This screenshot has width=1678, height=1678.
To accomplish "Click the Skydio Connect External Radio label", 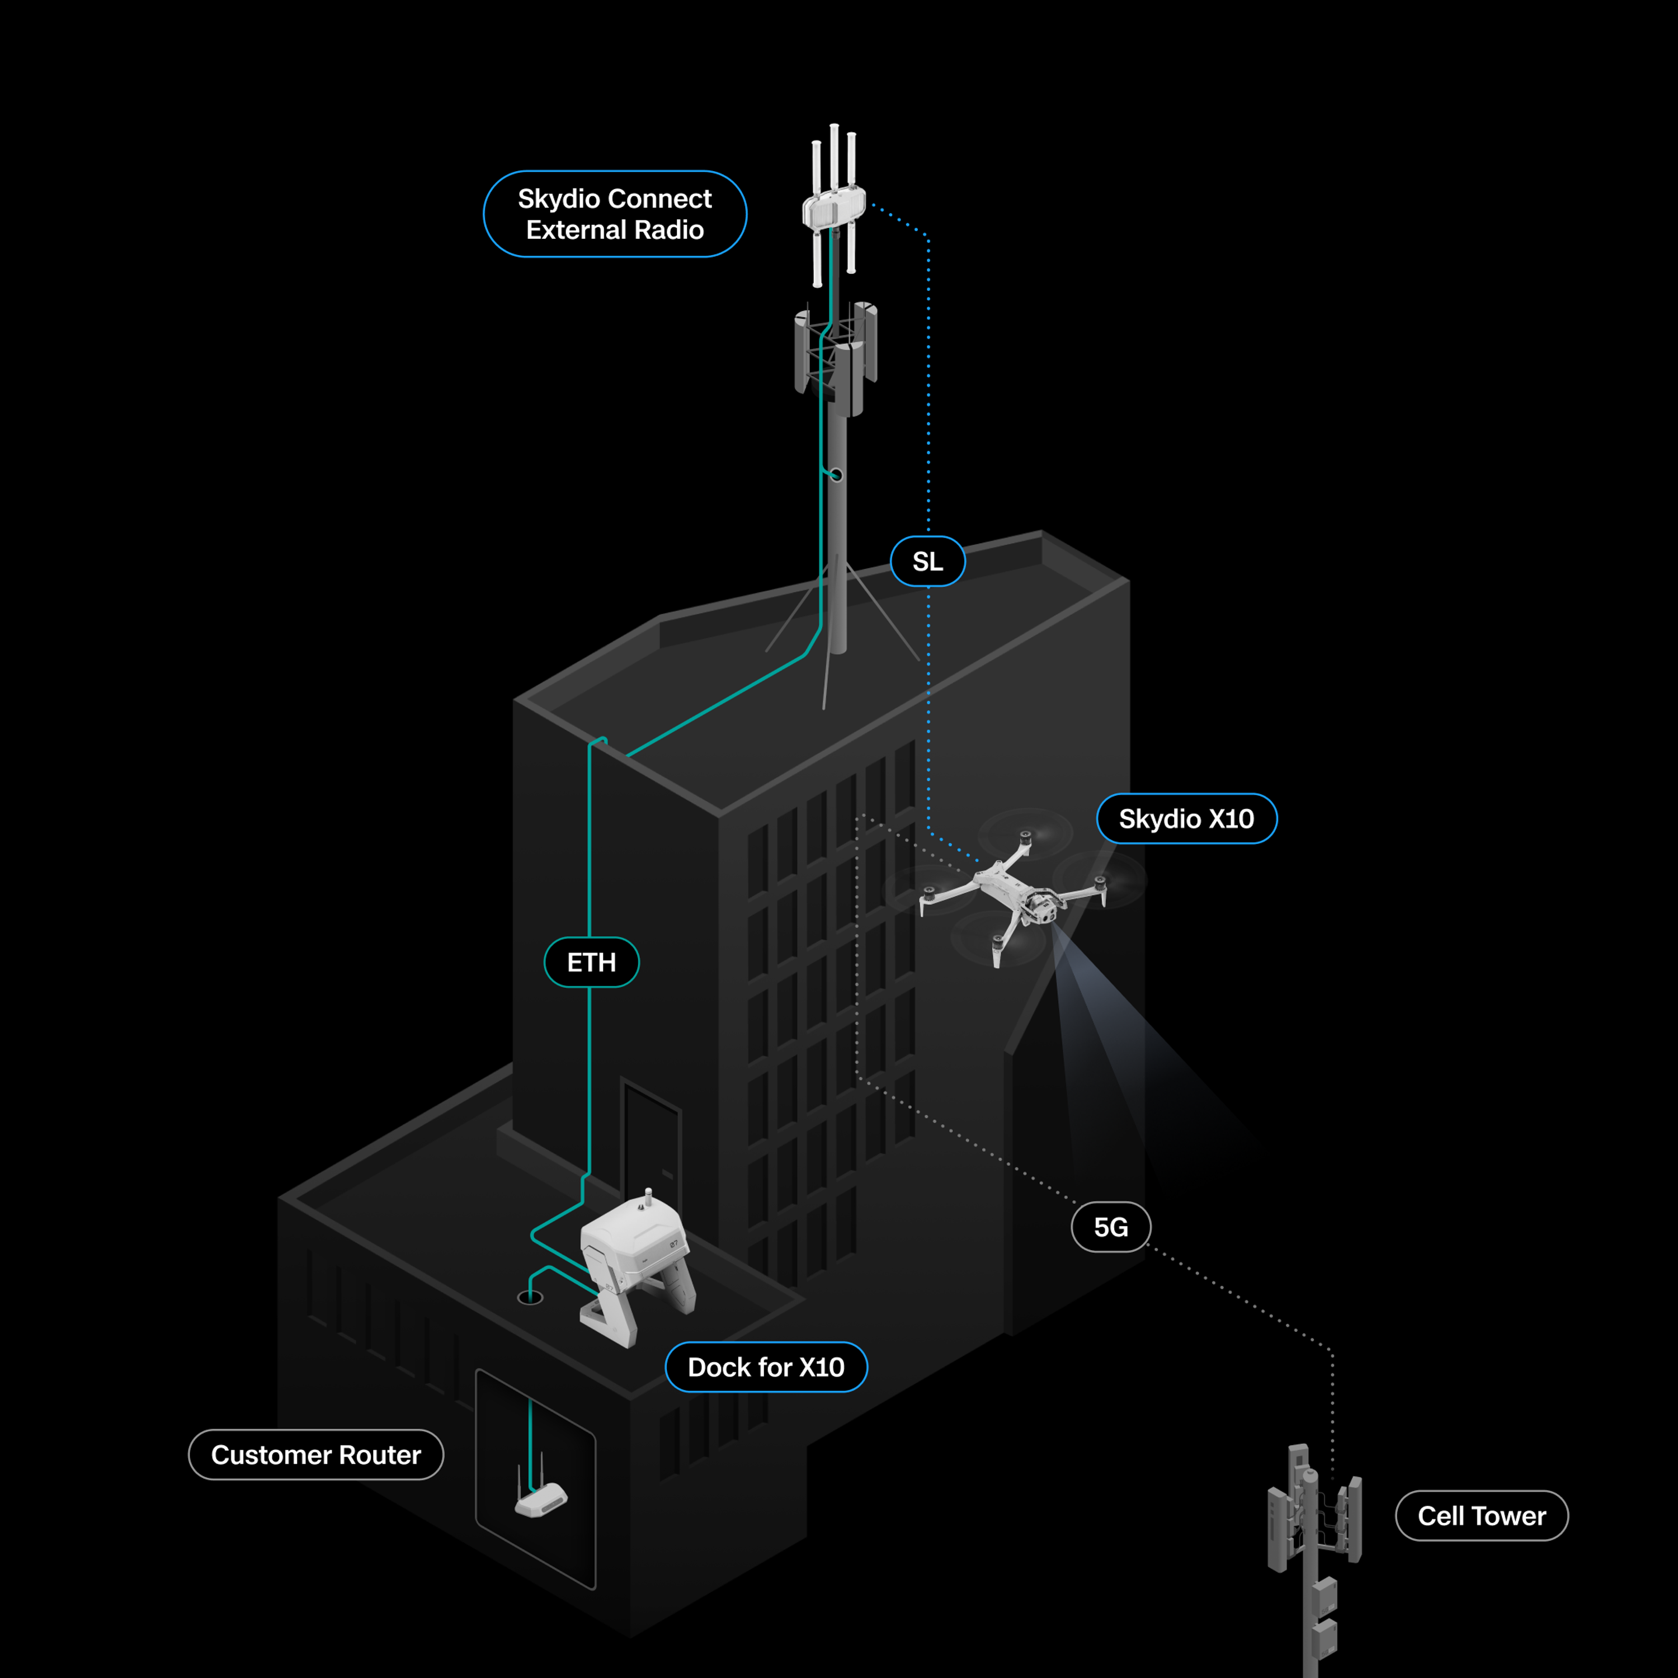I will [614, 214].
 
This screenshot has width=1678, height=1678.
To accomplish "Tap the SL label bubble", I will [927, 562].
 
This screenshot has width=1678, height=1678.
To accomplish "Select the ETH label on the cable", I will [591, 962].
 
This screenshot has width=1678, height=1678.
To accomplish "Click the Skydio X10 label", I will [1186, 818].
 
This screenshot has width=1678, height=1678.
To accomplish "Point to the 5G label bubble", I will [1111, 1227].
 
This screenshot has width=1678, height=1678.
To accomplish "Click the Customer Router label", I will [315, 1455].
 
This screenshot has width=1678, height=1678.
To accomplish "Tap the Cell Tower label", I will [1481, 1516].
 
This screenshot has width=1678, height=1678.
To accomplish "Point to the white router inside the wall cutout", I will [541, 1500].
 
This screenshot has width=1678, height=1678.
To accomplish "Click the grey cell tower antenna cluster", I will [1313, 1511].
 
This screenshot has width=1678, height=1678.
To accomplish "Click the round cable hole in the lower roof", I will [530, 1298].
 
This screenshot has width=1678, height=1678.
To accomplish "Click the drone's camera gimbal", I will [1042, 908].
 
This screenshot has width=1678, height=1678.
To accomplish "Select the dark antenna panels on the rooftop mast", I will [836, 356].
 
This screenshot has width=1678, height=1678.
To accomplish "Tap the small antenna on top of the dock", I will [648, 1198].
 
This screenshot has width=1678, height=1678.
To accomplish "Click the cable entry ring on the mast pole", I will [836, 475].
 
